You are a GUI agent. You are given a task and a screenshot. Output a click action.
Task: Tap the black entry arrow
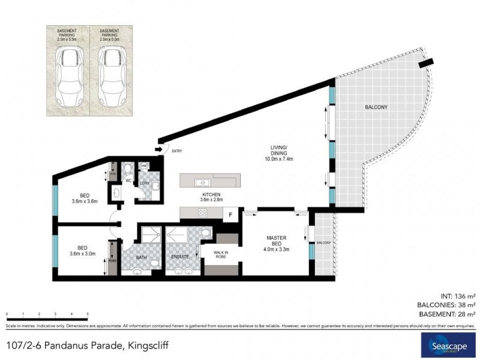(x=159, y=149)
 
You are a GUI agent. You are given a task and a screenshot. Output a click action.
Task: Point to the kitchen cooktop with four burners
(x=203, y=212)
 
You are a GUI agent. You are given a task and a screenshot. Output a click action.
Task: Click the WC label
(x=128, y=180)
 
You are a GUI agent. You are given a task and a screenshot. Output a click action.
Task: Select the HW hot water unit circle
(x=144, y=166)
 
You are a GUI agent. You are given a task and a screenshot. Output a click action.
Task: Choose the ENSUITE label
(x=180, y=257)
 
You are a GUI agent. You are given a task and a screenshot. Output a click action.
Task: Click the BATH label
(x=141, y=257)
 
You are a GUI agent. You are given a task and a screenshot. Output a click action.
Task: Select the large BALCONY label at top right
(x=376, y=107)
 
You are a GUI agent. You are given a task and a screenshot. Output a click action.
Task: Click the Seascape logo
(x=446, y=346)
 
